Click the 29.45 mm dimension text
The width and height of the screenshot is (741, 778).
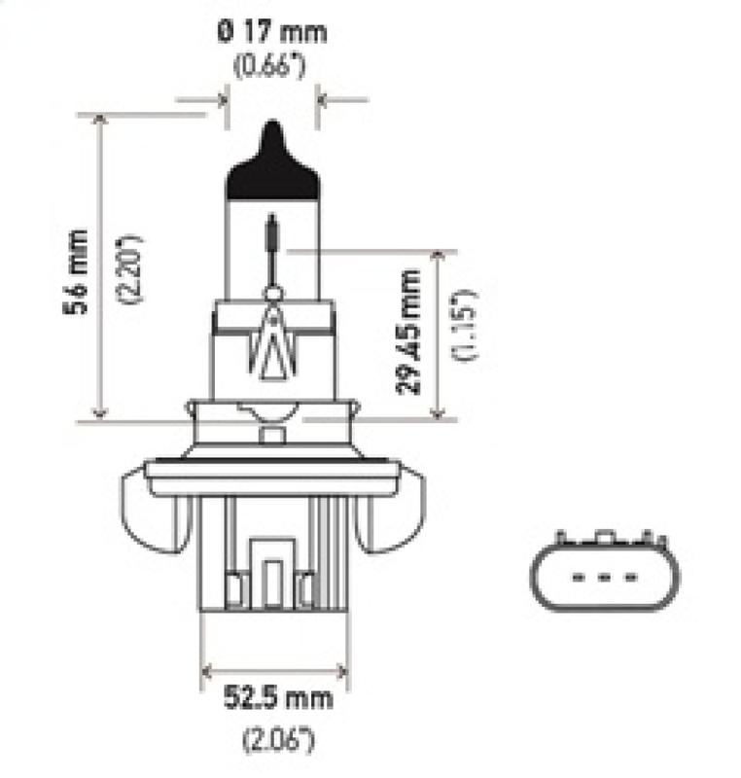coord(411,332)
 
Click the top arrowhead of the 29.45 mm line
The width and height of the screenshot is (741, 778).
coord(442,256)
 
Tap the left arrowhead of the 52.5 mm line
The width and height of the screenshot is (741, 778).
coord(207,670)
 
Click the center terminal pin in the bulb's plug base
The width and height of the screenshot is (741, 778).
coord(272,574)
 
